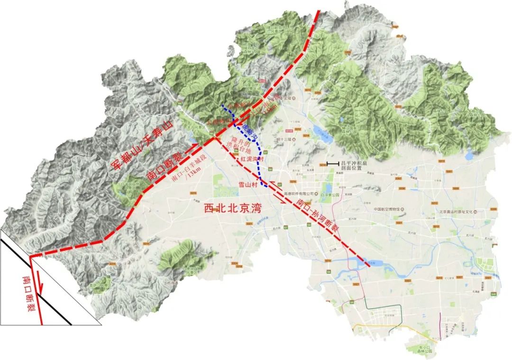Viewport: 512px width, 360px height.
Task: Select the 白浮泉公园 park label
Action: coord(331,195)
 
